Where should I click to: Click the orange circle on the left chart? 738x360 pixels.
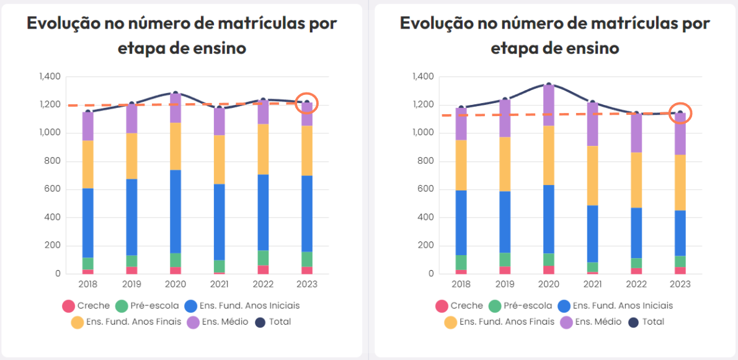click(306, 103)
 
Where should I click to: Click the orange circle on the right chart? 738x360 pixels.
click(680, 113)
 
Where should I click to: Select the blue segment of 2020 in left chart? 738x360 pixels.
click(176, 211)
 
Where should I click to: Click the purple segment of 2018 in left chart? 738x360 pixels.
click(88, 126)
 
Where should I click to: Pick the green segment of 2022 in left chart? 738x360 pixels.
click(264, 258)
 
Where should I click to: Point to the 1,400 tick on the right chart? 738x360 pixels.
click(422, 77)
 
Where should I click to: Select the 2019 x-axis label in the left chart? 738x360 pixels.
click(131, 284)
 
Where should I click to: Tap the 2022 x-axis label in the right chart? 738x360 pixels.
click(636, 284)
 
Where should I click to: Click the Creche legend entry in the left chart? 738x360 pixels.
click(86, 305)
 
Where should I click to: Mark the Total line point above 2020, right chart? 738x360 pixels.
click(548, 84)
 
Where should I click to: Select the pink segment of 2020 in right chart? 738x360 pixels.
click(548, 269)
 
